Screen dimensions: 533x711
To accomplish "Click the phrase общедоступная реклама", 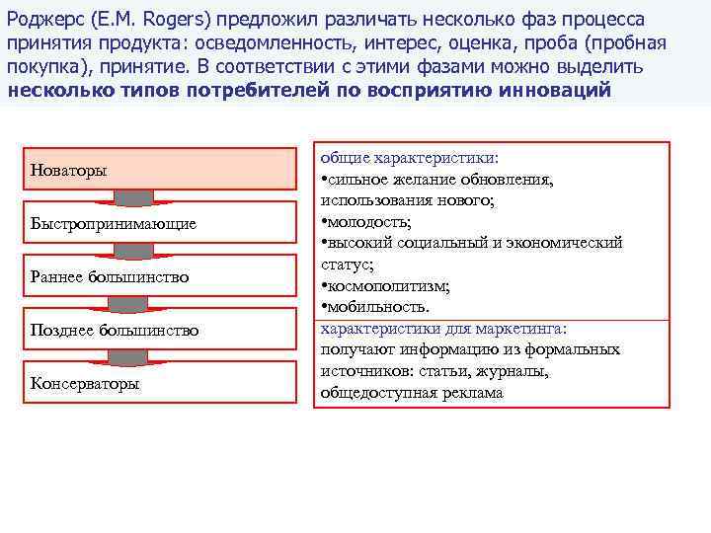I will click(x=411, y=392).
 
